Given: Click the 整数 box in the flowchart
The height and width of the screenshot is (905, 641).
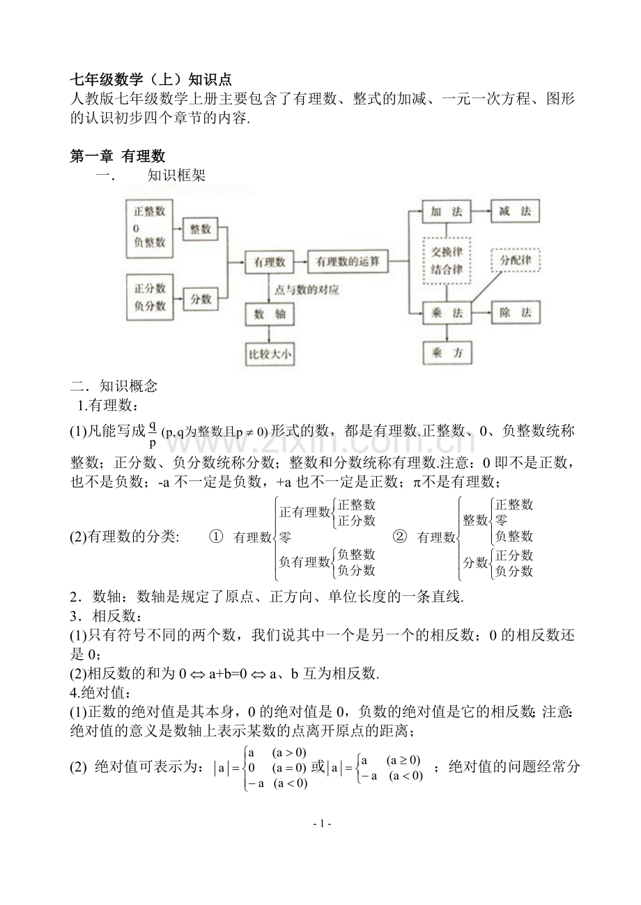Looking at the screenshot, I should [x=201, y=228].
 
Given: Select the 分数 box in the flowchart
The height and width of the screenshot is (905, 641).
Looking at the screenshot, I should [x=201, y=299].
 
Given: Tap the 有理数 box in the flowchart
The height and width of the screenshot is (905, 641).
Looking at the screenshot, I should [x=269, y=262].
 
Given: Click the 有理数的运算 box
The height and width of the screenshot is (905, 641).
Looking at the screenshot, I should [x=348, y=262].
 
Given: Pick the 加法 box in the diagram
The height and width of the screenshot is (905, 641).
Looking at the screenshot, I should [x=447, y=212].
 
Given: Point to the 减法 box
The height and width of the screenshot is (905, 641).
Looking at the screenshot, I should [x=515, y=212].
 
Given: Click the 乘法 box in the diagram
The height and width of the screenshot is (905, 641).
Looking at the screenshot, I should [x=447, y=313].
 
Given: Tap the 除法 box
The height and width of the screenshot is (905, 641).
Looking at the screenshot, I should [x=515, y=313].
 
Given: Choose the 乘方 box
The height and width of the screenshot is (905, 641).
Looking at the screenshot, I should [x=447, y=352].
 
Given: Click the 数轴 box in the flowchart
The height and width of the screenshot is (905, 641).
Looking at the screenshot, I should [x=269, y=315].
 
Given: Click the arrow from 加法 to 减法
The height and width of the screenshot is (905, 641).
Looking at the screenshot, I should [x=481, y=212].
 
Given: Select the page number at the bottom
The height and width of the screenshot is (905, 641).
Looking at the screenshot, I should [x=321, y=824].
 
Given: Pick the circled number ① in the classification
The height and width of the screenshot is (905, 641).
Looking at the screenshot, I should [x=216, y=537].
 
